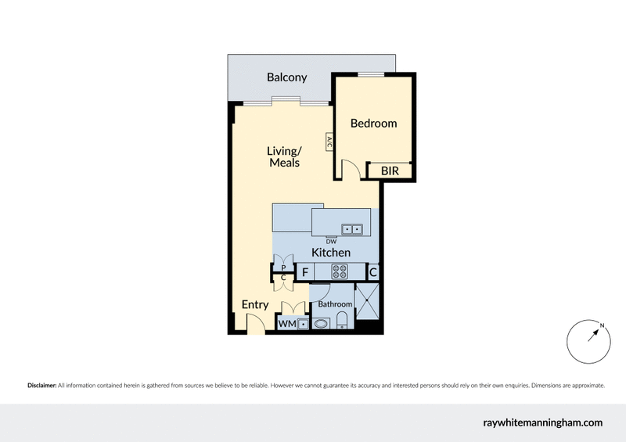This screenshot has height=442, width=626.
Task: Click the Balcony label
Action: click(x=286, y=77)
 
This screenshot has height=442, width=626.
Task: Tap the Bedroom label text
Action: click(x=373, y=123)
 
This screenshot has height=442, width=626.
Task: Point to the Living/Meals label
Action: click(x=284, y=156)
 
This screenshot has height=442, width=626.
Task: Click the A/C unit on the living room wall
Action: click(x=329, y=143)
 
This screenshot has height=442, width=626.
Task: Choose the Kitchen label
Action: click(x=331, y=253)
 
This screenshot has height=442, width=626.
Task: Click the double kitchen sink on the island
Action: click(x=351, y=229)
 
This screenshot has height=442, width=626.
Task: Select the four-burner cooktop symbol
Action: click(x=340, y=271)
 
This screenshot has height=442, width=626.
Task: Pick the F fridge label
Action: click(x=305, y=272)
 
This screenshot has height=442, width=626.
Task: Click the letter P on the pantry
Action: click(x=283, y=267)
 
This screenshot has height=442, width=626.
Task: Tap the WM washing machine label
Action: click(x=286, y=323)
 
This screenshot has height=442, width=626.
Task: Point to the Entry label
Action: click(x=255, y=304)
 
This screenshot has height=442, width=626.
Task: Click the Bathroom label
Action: click(x=335, y=304)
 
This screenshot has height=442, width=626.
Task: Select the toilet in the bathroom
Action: click(x=343, y=320)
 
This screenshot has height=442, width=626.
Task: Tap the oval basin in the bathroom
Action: click(x=321, y=322)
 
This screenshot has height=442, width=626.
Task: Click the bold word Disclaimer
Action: click(x=41, y=386)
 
